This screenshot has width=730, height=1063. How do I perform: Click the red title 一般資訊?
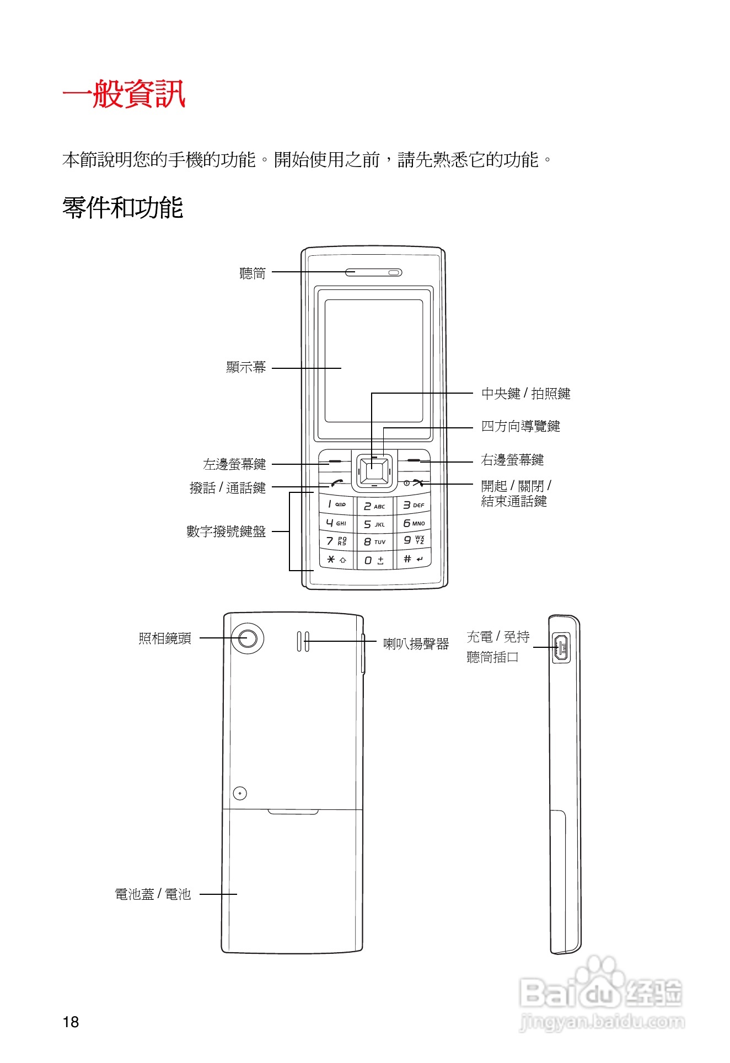point(124,94)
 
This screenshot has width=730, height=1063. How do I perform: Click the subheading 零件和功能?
point(122,208)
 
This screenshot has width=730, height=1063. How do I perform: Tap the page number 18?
point(71,1022)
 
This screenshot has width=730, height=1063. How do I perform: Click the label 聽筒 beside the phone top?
point(253,273)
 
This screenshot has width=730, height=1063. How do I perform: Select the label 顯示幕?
point(246,367)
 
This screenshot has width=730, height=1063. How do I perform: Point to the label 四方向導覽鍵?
point(520,426)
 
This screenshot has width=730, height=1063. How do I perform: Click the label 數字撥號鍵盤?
point(226,531)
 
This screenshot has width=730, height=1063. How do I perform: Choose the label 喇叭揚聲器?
point(416,643)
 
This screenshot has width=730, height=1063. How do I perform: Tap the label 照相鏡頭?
point(165,638)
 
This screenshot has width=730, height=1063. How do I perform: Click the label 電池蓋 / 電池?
point(153,894)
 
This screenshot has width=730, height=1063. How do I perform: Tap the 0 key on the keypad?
point(374,560)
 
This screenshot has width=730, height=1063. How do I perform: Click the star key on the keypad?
point(336,560)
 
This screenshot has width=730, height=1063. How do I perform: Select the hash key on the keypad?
point(413,559)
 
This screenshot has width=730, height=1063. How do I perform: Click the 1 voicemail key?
point(336,504)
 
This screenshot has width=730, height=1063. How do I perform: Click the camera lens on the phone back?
point(248,638)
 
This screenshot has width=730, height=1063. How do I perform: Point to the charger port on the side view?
point(561,647)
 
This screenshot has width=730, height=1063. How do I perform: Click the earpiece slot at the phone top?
point(373,272)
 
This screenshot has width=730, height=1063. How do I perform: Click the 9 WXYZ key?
point(413,540)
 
